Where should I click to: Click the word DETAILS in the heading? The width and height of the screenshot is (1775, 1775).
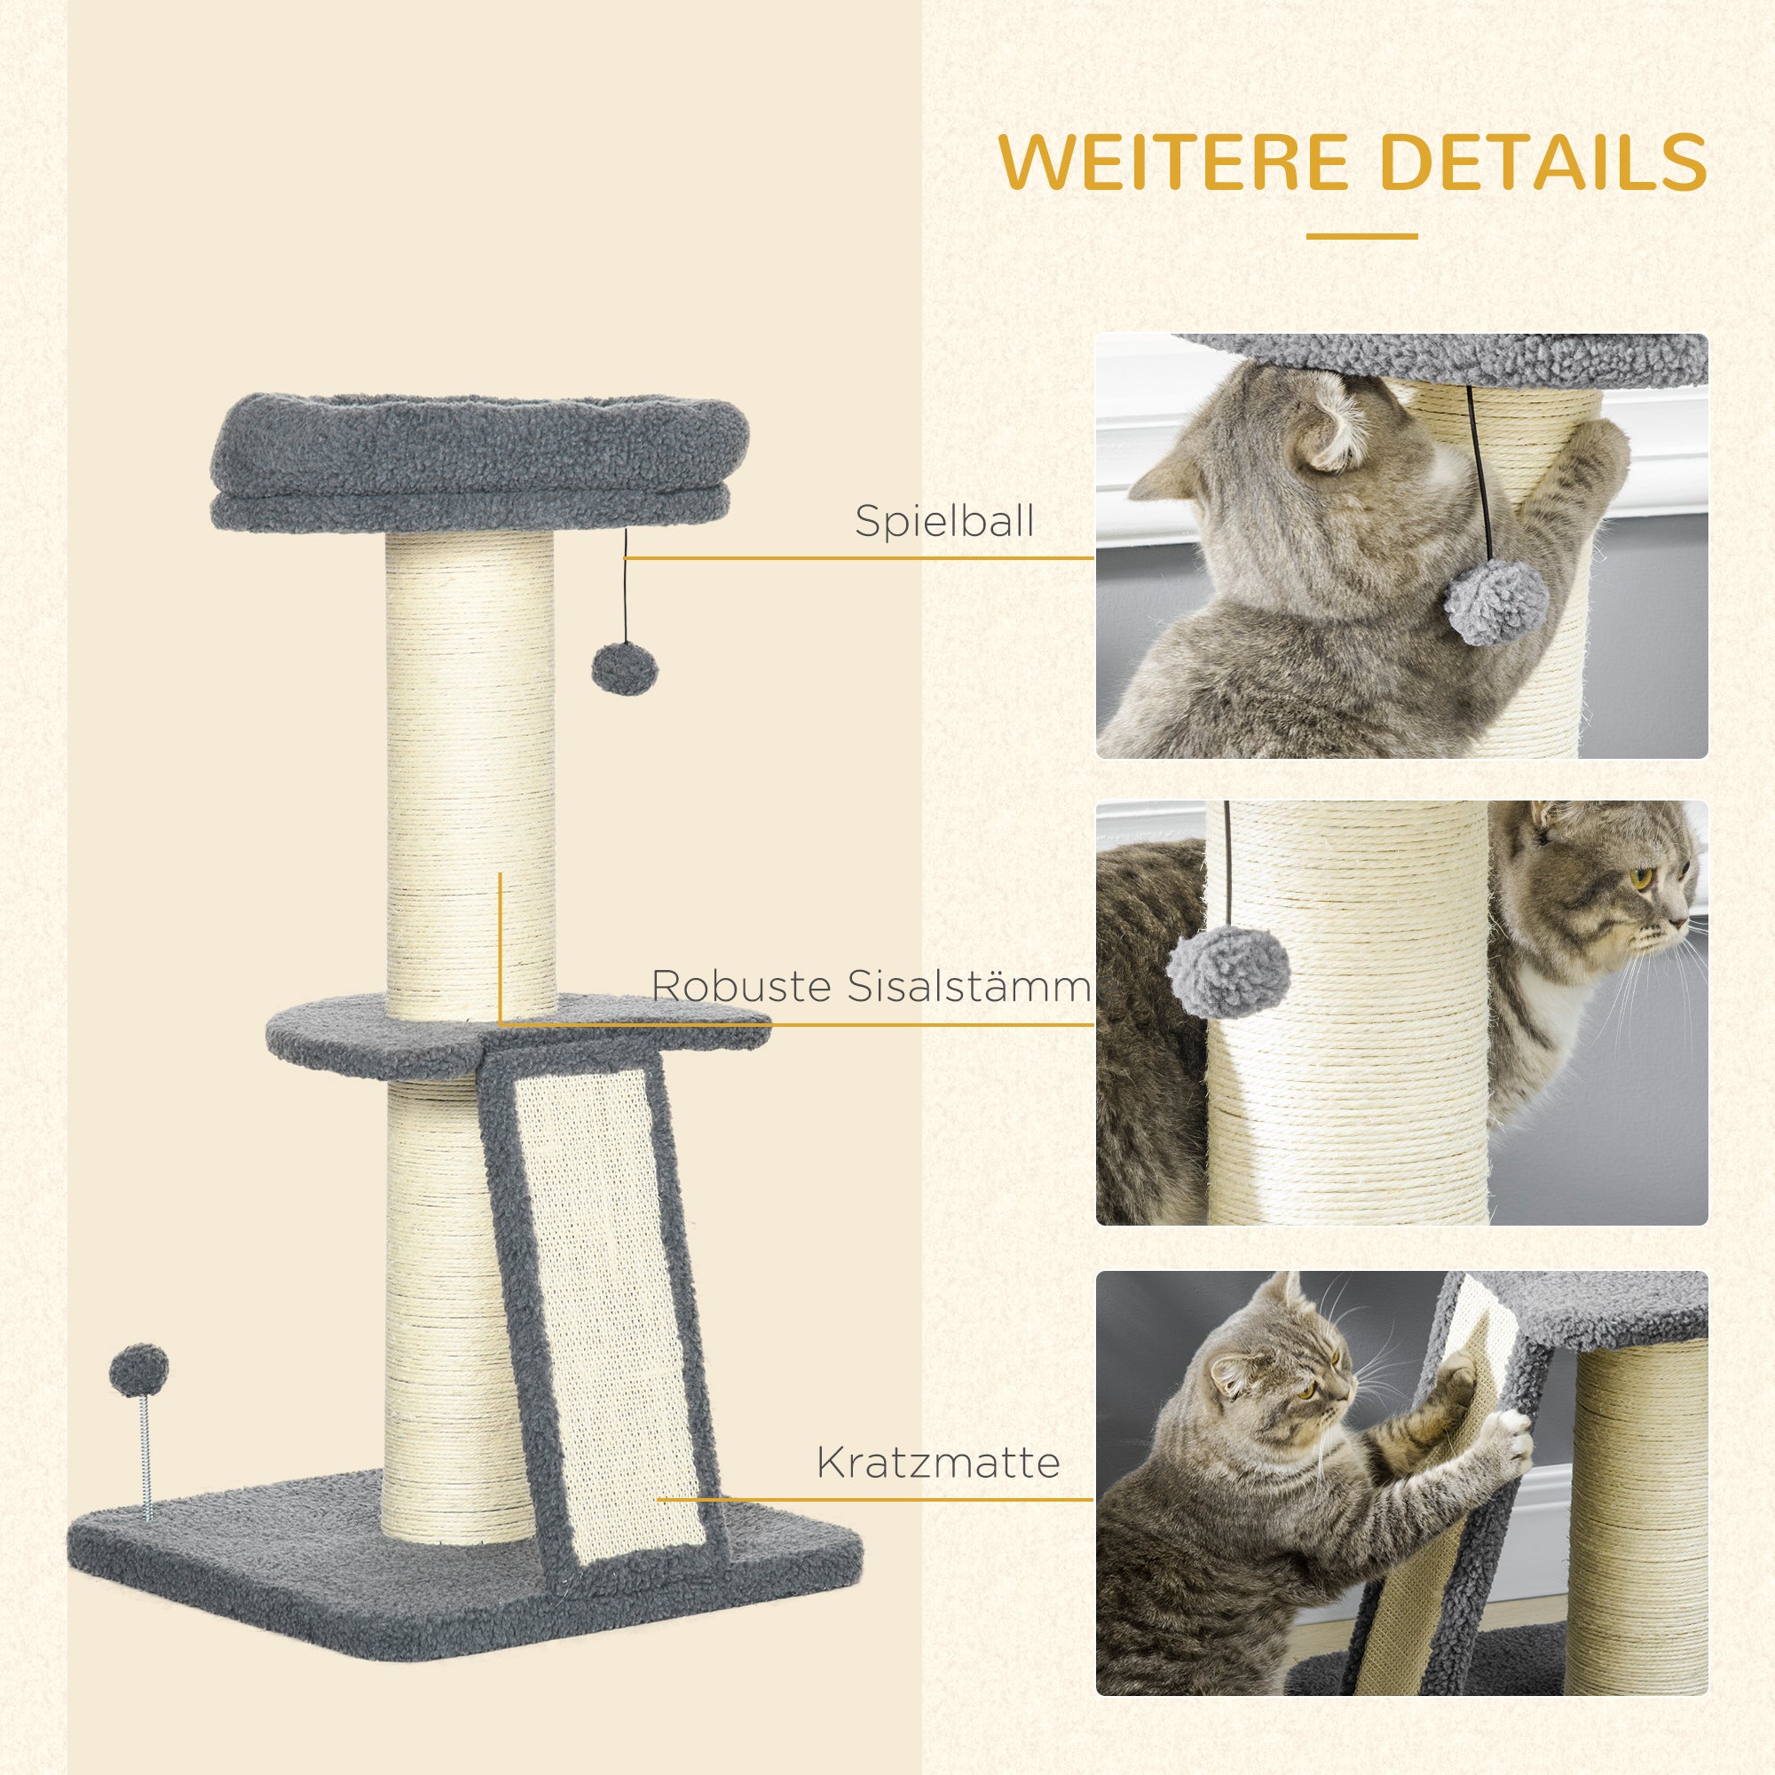1542,162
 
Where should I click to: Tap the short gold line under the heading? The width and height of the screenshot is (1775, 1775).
1361,236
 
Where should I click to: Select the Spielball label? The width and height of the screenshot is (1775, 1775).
944,521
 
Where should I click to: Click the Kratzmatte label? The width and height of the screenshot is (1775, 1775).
938,1462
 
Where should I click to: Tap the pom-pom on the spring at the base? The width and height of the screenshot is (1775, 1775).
138,1369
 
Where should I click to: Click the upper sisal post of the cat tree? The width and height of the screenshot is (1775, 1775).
470,772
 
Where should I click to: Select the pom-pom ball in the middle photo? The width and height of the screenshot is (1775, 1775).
1228,971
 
